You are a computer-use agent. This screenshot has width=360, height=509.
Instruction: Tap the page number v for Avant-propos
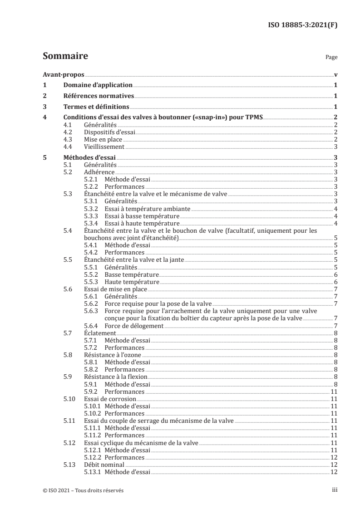coord(335,74)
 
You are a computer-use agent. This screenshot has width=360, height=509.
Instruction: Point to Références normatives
coord(99,96)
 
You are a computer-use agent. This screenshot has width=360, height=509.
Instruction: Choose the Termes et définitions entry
coord(96,107)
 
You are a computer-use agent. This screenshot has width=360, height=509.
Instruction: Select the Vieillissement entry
coord(104,147)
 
